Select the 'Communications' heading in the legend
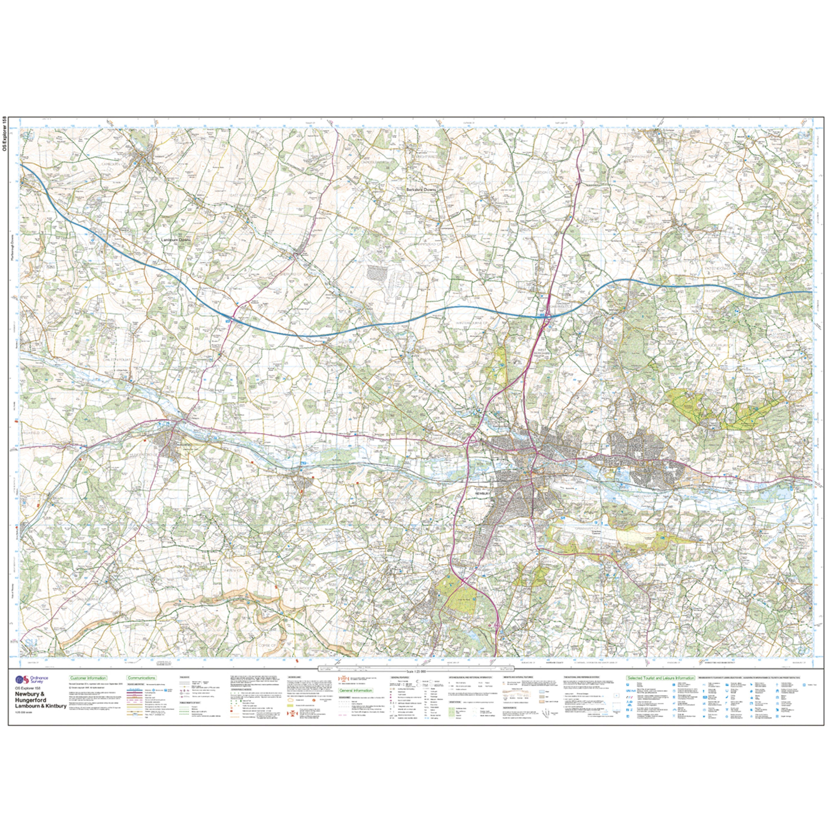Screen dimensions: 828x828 click(141, 690)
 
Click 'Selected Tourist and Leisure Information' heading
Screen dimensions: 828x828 click(660, 690)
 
